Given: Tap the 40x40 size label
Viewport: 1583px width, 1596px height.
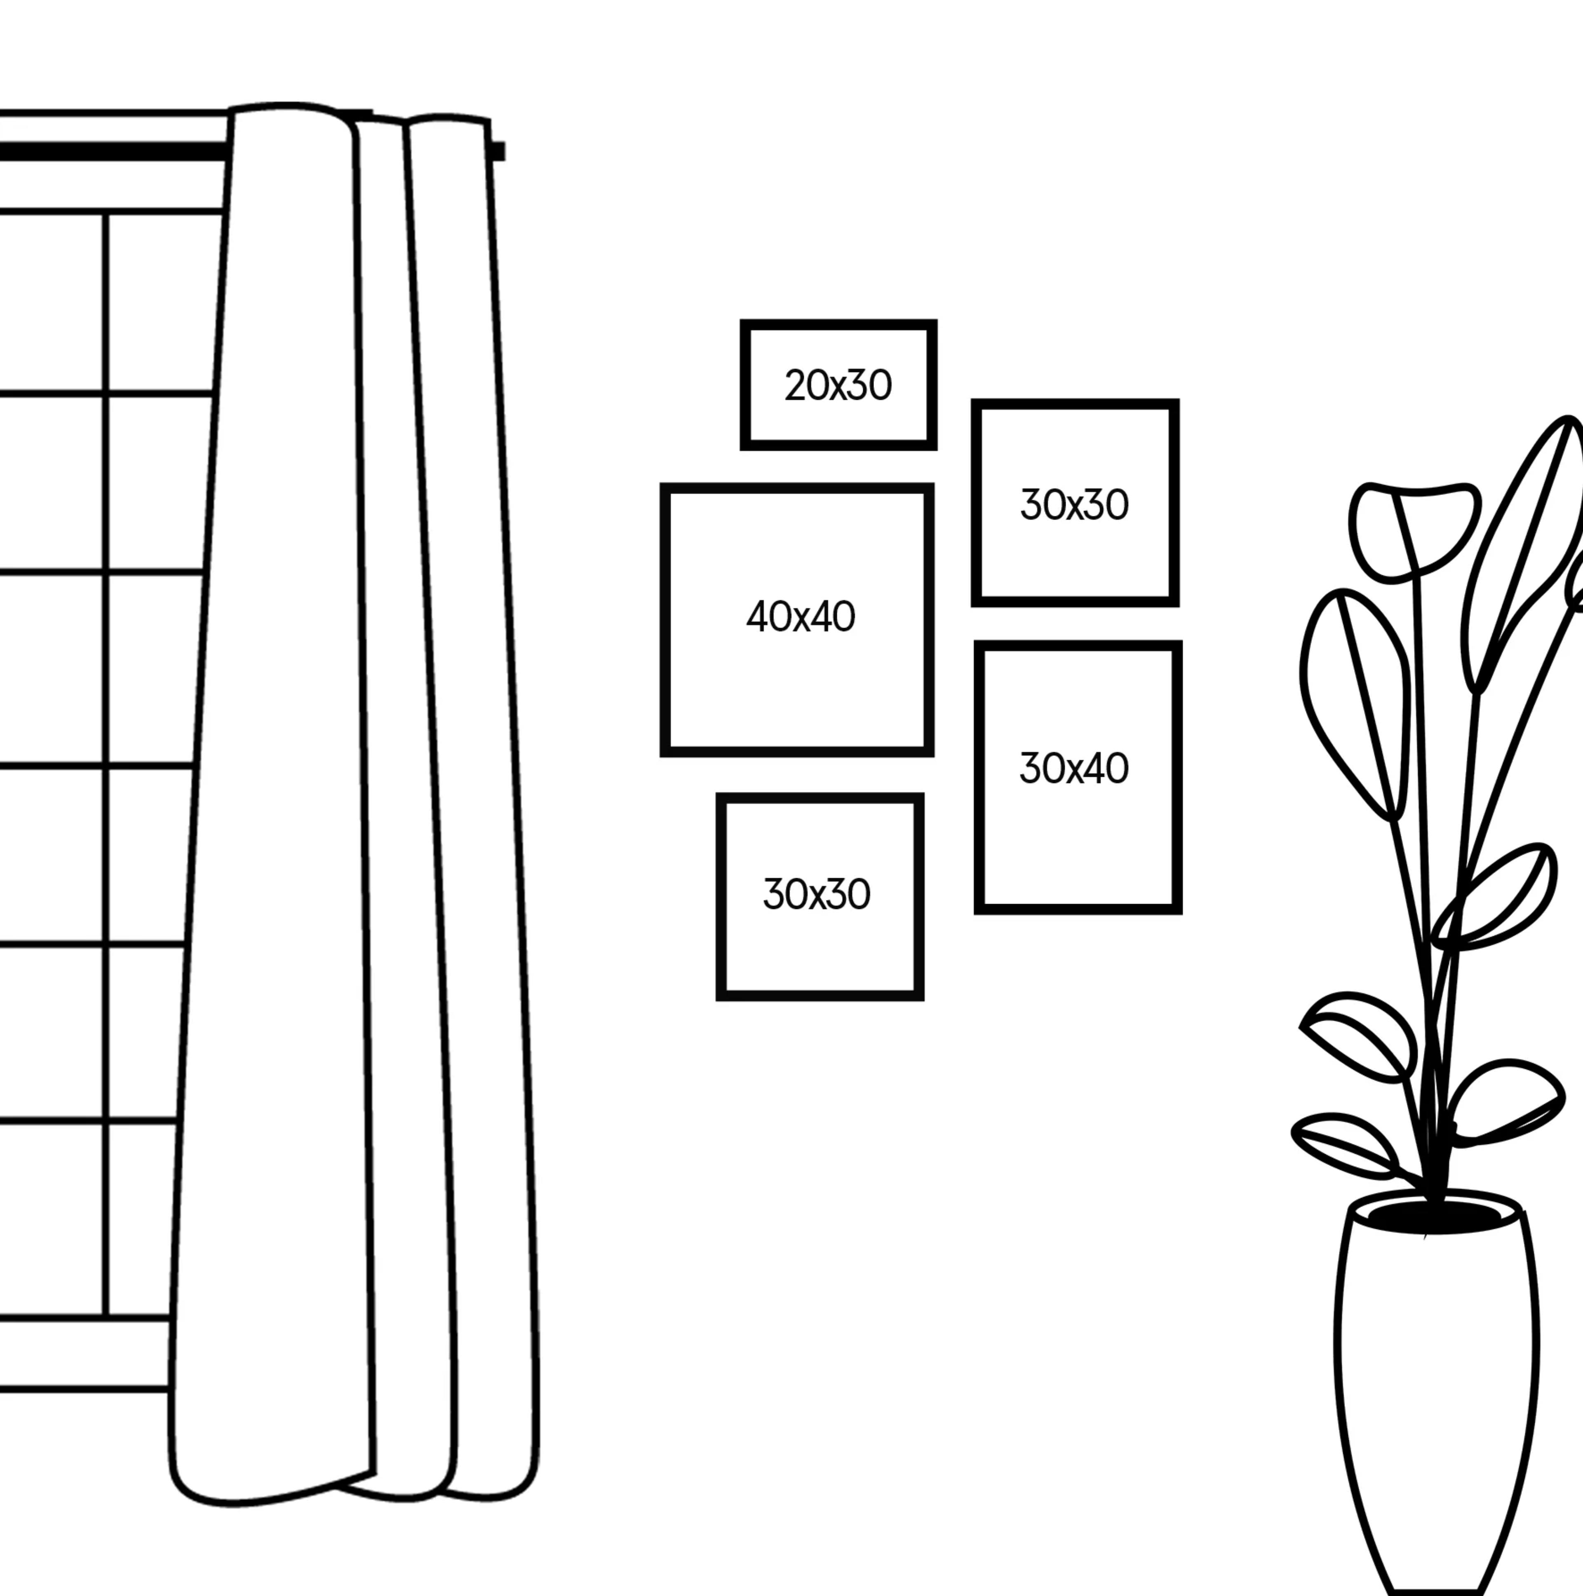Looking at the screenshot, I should (800, 617).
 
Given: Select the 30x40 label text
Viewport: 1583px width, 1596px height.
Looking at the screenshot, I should (1073, 768).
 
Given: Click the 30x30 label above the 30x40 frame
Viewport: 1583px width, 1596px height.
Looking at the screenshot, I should (1073, 505).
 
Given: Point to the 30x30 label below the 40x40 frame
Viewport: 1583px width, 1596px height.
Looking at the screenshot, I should (816, 894).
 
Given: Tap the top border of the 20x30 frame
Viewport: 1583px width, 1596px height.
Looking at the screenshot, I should (838, 324).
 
